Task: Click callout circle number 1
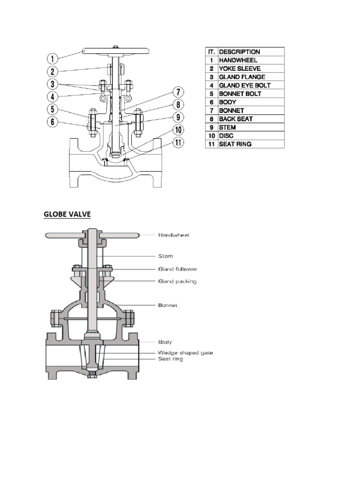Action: pyautogui.click(x=52, y=59)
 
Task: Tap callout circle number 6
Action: pyautogui.click(x=52, y=123)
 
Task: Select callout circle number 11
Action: pyautogui.click(x=179, y=142)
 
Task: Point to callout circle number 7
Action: pyautogui.click(x=179, y=91)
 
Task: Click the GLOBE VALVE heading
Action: pyautogui.click(x=67, y=214)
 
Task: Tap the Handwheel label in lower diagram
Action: pyautogui.click(x=174, y=235)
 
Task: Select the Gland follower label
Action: pyautogui.click(x=178, y=269)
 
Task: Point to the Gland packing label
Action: pyautogui.click(x=177, y=281)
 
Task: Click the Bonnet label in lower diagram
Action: pyautogui.click(x=168, y=305)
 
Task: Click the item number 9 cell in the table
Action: pyautogui.click(x=211, y=127)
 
